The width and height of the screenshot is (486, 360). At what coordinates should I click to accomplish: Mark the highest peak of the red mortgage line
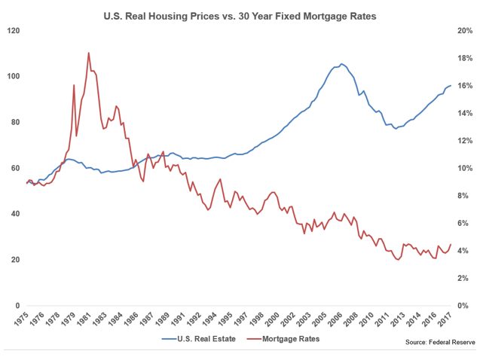[x=89, y=53]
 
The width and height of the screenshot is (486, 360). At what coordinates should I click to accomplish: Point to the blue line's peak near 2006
[x=341, y=64]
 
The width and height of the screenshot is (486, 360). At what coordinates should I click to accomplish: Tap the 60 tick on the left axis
[x=16, y=168]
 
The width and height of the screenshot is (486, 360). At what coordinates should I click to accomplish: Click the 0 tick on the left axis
[x=18, y=306]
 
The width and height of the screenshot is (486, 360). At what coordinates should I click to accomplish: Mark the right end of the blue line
[x=451, y=85]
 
